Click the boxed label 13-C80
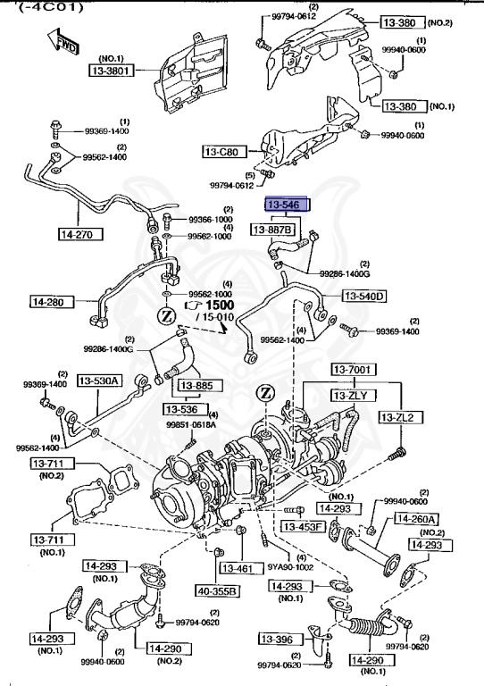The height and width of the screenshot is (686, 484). [x=221, y=152]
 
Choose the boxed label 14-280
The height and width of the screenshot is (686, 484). [x=50, y=302]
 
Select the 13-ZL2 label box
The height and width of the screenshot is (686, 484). [x=399, y=417]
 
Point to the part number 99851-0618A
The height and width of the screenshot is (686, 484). [x=192, y=426]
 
